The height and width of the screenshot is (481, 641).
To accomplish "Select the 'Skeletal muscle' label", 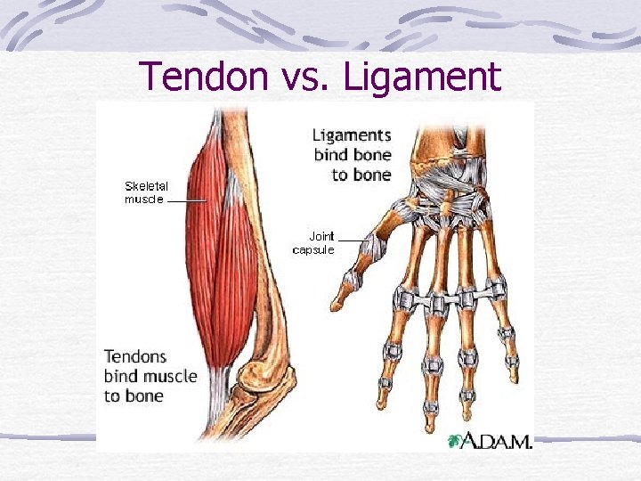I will point(145,192).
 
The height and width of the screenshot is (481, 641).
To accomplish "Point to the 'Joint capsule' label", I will point(313,243).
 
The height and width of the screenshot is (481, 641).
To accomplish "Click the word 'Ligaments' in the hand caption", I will point(352,135).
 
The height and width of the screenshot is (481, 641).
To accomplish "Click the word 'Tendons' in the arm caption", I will point(135,356).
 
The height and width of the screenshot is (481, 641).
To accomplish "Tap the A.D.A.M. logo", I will point(495,441).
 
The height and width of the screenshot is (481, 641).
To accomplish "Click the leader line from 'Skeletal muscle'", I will point(187,201).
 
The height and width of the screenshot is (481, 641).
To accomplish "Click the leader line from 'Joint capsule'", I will point(351,240).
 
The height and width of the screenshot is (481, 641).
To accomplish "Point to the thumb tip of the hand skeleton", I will point(337,303).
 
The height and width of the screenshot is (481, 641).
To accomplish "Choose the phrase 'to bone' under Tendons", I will point(133,395).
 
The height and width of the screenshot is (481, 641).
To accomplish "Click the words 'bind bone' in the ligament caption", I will point(353,155).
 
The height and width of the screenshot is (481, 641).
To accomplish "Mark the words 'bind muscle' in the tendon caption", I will point(150,376).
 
